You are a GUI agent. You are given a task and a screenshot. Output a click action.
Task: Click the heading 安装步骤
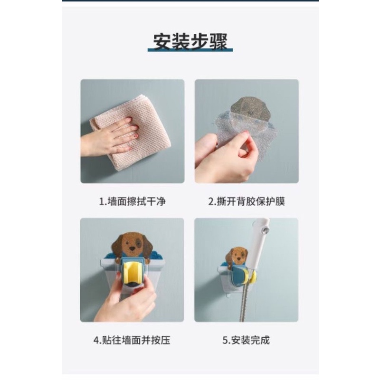click(x=190, y=42)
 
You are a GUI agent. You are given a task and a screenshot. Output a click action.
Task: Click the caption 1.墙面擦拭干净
click(x=132, y=201)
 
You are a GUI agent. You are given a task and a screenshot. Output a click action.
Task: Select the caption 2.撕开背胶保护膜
click(x=247, y=201)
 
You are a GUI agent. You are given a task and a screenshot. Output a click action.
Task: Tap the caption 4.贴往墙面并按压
click(x=132, y=340)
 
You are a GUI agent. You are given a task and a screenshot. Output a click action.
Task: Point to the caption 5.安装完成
click(x=247, y=340)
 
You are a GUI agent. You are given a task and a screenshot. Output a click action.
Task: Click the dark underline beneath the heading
click(x=190, y=50)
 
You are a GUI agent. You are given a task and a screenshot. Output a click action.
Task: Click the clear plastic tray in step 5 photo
click(x=228, y=280)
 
